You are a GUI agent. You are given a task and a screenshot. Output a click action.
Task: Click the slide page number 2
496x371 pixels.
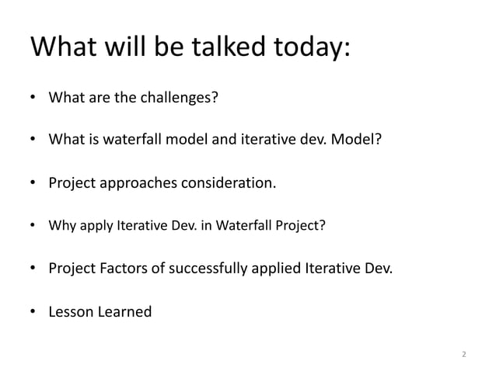pos(464,355)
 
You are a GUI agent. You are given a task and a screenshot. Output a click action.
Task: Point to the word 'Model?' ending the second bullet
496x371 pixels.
pos(358,141)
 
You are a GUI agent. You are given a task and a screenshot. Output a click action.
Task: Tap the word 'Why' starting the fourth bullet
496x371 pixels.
pos(61,227)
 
